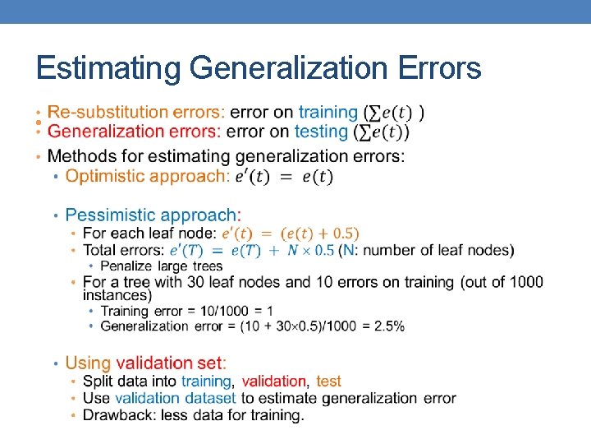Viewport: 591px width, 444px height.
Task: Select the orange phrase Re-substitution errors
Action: click(x=135, y=112)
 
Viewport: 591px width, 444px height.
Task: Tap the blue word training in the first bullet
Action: click(x=328, y=112)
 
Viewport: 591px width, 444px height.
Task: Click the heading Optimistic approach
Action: click(x=146, y=176)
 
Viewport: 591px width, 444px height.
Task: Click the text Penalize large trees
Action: click(x=161, y=266)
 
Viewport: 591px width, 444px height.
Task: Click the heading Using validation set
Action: click(x=145, y=363)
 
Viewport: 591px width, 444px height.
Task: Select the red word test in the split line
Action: click(x=328, y=382)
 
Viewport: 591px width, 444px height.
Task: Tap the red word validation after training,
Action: click(x=274, y=382)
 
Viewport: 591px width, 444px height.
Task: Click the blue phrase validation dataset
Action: click(x=175, y=398)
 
